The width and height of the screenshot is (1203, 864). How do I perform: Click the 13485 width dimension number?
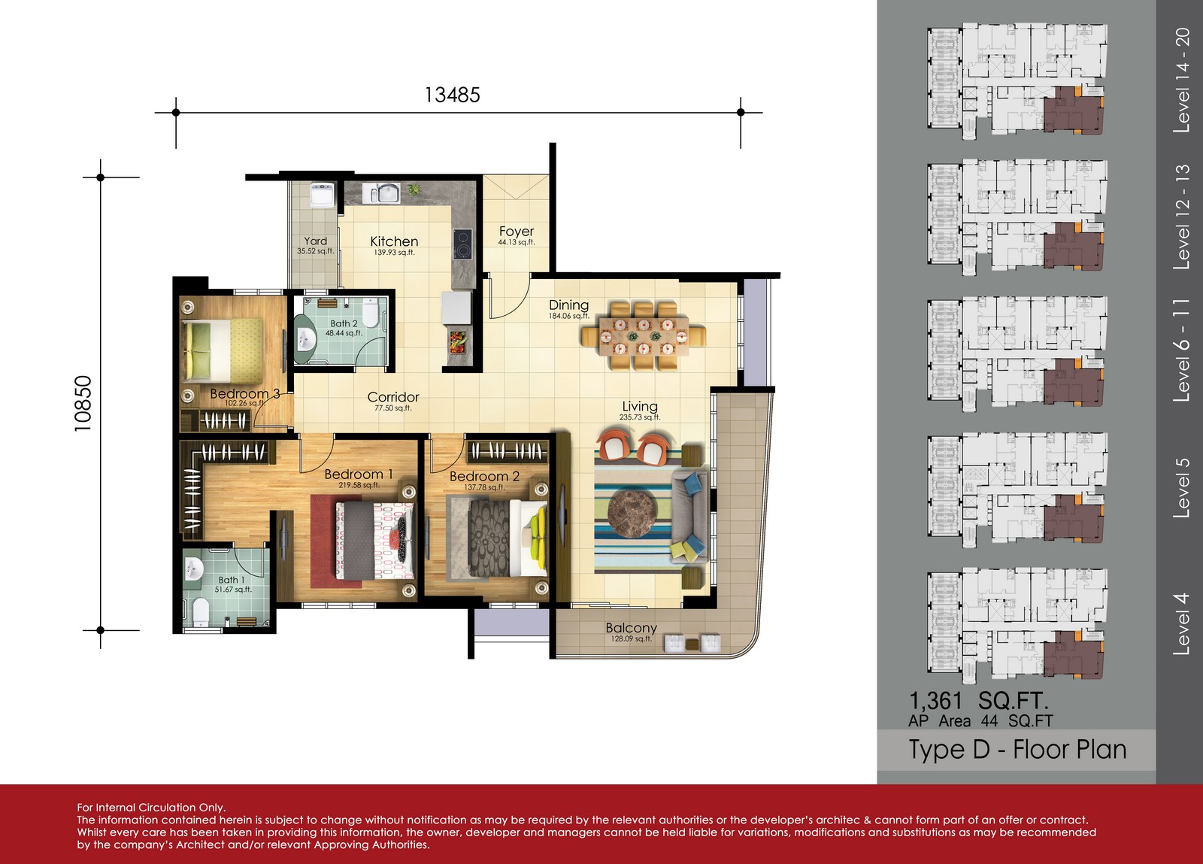click(x=452, y=95)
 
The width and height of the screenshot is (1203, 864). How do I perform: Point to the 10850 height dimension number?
click(x=83, y=403)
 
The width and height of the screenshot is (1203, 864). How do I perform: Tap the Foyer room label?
click(x=516, y=232)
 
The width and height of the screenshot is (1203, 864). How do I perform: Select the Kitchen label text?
click(x=394, y=241)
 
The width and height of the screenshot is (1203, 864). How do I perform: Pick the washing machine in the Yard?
click(x=323, y=195)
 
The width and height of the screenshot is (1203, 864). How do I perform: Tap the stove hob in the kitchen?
click(x=462, y=244)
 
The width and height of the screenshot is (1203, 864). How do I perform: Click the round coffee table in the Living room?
click(x=632, y=512)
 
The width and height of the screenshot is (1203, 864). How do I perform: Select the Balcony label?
click(x=631, y=628)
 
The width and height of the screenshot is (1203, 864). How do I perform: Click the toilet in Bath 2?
click(x=370, y=312)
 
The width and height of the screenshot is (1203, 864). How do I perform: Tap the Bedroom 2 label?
click(x=484, y=476)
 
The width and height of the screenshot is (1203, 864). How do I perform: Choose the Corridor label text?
click(x=393, y=397)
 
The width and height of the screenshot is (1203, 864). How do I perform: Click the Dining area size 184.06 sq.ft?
click(x=568, y=317)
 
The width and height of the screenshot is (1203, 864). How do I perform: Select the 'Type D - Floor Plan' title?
click(x=1017, y=750)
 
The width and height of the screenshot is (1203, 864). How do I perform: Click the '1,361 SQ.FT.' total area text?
click(x=978, y=702)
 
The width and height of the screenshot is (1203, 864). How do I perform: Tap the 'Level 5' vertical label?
click(x=1181, y=488)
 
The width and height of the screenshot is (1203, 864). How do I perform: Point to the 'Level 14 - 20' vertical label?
click(x=1181, y=80)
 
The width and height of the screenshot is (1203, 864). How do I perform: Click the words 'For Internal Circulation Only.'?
click(x=151, y=807)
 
